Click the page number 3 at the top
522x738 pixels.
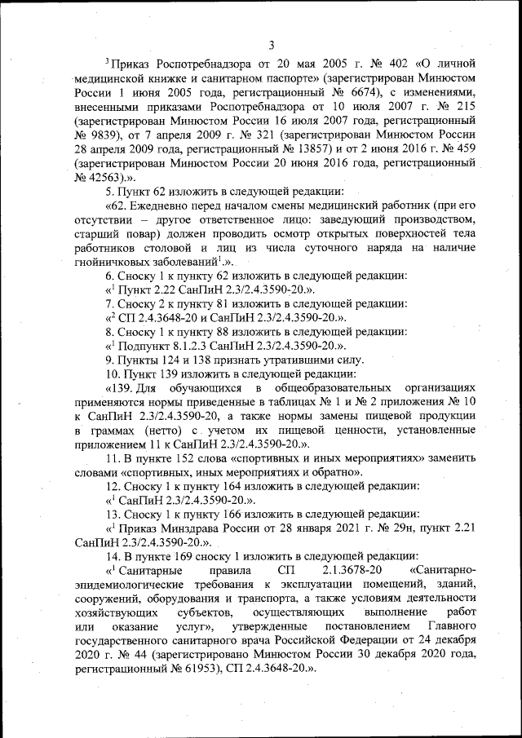[271, 44]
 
